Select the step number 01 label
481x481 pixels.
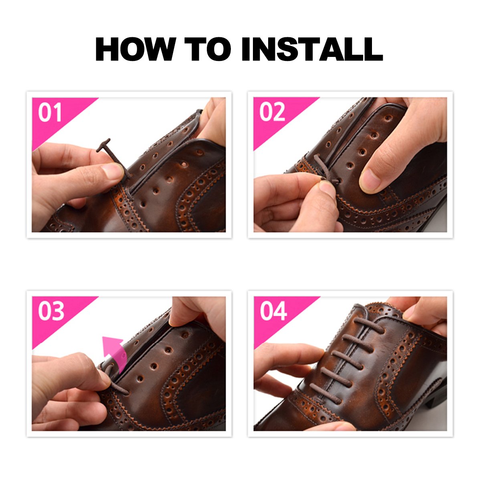point(50,113)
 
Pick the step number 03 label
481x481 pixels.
point(51,311)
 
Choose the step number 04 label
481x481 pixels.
point(273,311)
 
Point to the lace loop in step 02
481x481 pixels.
point(321,168)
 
